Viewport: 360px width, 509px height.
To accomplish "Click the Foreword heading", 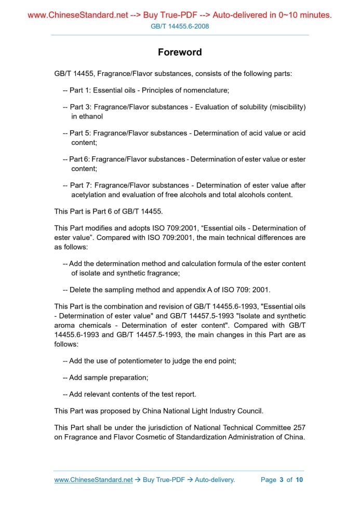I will tap(180, 52).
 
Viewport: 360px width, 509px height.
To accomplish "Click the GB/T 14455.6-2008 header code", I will tap(180, 26).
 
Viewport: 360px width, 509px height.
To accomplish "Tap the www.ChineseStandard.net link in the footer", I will tap(94, 479).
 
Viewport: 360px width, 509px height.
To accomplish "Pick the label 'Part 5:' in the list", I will tap(80, 133).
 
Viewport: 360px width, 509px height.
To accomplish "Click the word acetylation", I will tap(88, 195).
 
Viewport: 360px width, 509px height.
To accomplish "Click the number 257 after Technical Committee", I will tap(299, 427).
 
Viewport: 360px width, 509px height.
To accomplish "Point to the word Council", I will tap(249, 411).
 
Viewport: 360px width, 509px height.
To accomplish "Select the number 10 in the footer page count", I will tap(299, 479).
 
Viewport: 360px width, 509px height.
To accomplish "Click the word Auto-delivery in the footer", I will tap(215, 479).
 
